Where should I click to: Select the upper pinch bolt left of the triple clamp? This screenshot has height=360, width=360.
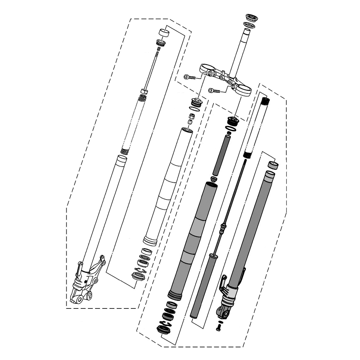189,77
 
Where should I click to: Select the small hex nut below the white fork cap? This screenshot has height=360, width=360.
192,117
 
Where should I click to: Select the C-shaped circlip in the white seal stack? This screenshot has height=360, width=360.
140,270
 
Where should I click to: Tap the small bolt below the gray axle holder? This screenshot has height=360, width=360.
219,327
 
